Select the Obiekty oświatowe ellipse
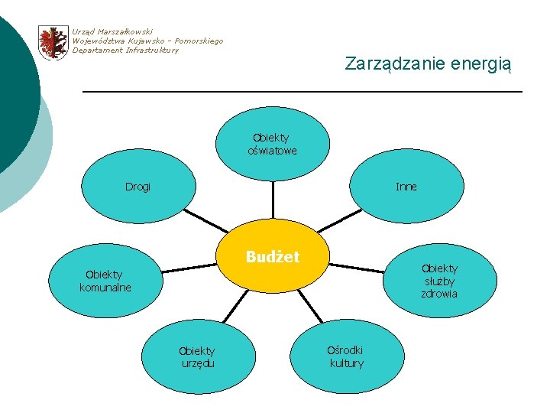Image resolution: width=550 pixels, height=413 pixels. [x=273, y=144]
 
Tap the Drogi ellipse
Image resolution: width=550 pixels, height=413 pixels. [x=138, y=187]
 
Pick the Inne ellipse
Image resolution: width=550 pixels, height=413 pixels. [x=406, y=187]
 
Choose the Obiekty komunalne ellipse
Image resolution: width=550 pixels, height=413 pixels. [x=105, y=281]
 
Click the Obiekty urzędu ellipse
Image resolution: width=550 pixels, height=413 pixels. [x=197, y=356]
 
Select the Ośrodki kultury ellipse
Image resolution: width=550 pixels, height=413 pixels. [x=346, y=356]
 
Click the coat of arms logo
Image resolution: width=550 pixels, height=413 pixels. [x=53, y=42]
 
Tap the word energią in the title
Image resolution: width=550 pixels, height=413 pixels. [x=478, y=63]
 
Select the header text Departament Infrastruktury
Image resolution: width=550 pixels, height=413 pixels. [x=125, y=50]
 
